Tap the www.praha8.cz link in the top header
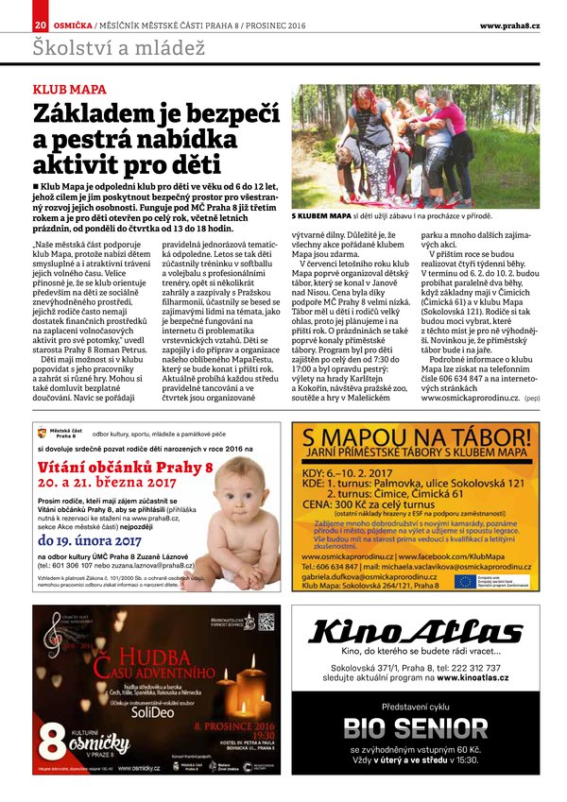(x=509, y=25)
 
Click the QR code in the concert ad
(x=266, y=621)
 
